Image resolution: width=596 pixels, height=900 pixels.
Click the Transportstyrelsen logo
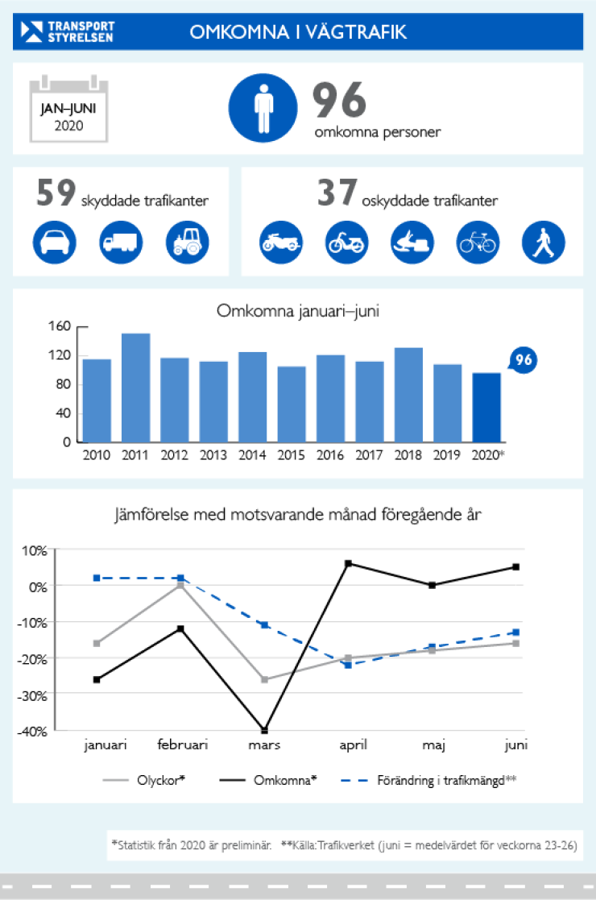[68, 31]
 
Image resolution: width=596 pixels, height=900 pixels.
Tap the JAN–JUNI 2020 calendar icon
[68, 110]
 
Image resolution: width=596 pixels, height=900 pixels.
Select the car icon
[55, 241]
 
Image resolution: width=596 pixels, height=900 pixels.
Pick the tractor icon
[187, 241]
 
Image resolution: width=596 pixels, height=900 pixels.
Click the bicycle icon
[478, 241]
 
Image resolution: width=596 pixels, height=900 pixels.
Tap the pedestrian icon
[544, 241]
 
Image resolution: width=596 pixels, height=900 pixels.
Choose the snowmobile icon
[412, 241]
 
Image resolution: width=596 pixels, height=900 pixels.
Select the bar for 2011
[135, 388]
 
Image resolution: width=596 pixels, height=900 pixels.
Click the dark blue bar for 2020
[486, 407]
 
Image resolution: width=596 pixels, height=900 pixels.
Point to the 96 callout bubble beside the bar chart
[524, 360]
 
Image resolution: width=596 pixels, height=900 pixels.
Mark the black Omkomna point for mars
[264, 730]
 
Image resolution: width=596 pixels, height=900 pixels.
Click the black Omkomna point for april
[348, 563]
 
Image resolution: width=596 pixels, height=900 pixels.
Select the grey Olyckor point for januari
[97, 643]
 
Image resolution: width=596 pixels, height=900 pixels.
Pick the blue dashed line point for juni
[515, 632]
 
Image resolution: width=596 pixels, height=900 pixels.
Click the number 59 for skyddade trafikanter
[56, 196]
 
